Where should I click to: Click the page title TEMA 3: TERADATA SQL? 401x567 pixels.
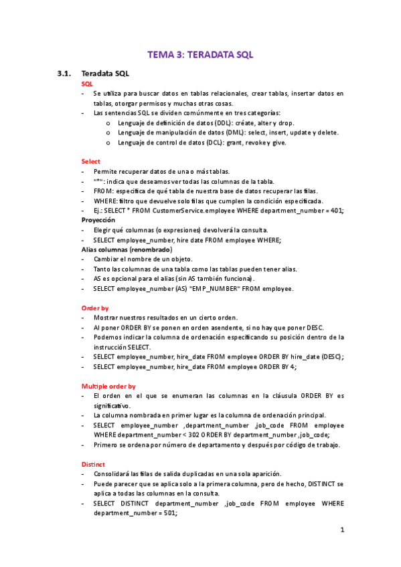pos(200,55)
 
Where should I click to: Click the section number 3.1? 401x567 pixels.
pos(64,73)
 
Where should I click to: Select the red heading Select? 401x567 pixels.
pos(90,161)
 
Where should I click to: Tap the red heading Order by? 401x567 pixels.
pos(95,308)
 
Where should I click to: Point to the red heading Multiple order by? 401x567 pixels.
pos(108,386)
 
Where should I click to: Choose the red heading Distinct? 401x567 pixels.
pos(93,464)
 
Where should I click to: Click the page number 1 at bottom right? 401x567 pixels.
pos(341,530)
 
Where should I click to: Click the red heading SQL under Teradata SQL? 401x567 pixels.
pos(87,84)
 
